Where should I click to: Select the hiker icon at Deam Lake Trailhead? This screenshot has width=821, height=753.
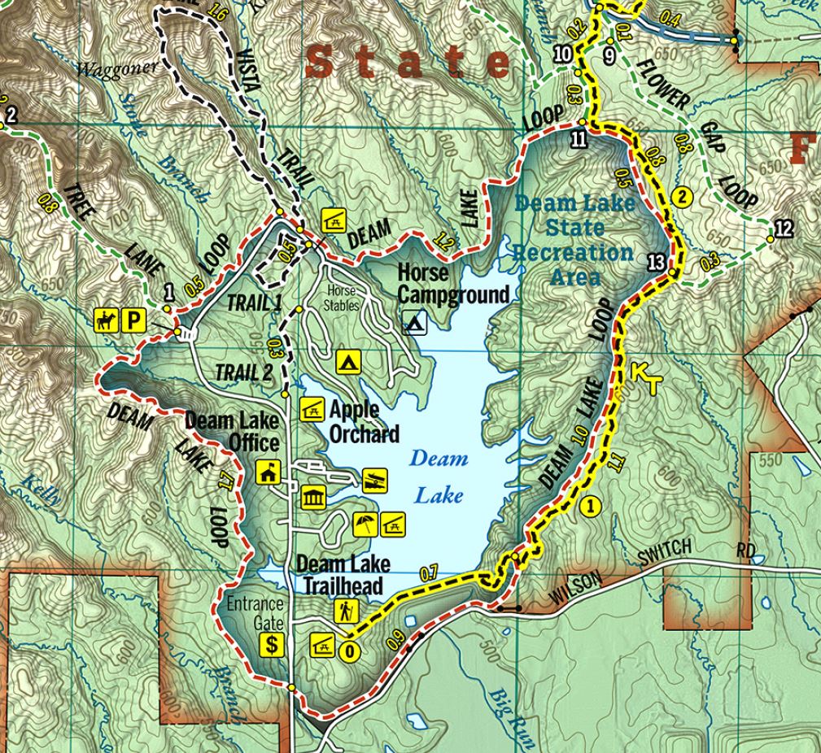click(345, 610)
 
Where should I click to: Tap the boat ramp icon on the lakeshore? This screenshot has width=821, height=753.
click(373, 480)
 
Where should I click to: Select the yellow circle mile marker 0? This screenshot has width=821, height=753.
click(349, 651)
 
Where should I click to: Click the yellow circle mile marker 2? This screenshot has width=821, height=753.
click(682, 196)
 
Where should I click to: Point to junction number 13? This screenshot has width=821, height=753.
click(657, 261)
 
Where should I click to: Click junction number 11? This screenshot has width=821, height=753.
click(579, 137)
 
